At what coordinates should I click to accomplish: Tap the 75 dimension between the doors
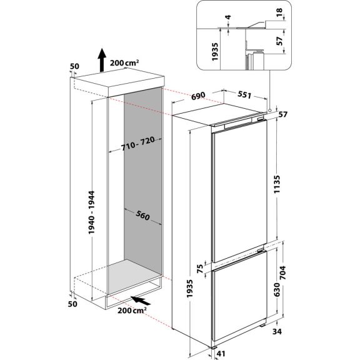point(200,267)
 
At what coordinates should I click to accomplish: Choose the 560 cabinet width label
point(143,216)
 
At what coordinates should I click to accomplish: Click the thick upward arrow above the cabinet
point(101,61)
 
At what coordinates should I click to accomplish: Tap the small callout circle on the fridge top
point(269,110)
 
